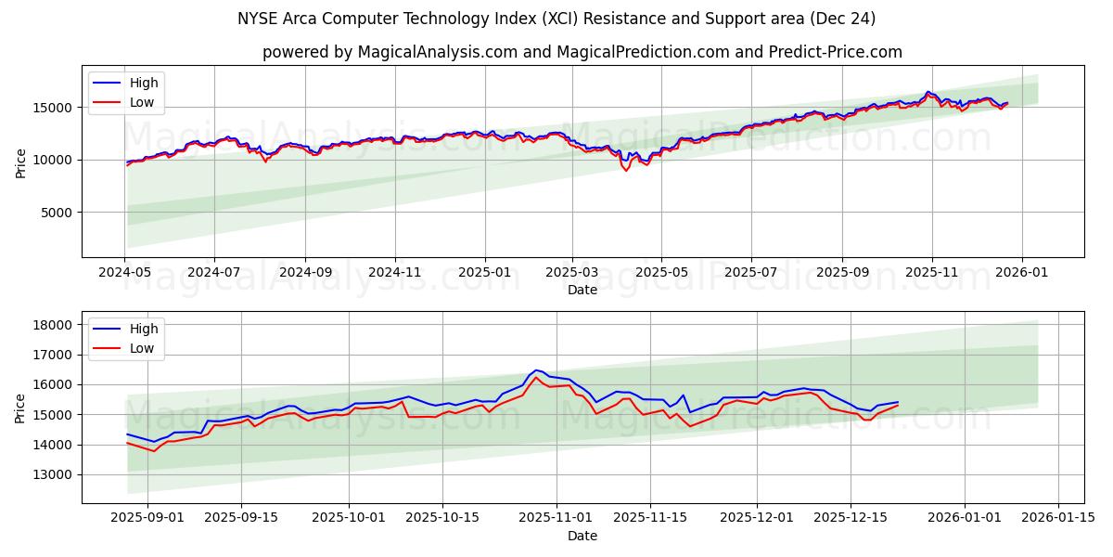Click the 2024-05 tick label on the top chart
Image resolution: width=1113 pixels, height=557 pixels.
pos(124,272)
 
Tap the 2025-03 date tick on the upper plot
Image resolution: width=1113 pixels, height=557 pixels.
pos(571,272)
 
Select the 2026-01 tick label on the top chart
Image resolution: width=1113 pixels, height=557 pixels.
pos(1021,272)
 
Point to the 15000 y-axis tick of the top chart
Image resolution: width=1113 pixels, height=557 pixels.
pos(53,108)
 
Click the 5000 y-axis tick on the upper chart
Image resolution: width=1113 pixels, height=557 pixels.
pos(57,213)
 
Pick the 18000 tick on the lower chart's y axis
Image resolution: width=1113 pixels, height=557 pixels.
pos(53,325)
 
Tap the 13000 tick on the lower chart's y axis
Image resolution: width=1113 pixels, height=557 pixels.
pos(53,474)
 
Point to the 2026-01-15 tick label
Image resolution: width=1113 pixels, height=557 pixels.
pos(1058,518)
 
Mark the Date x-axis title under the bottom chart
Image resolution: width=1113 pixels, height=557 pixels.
pos(582,536)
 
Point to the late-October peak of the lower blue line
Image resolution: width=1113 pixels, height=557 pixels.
pos(536,369)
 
